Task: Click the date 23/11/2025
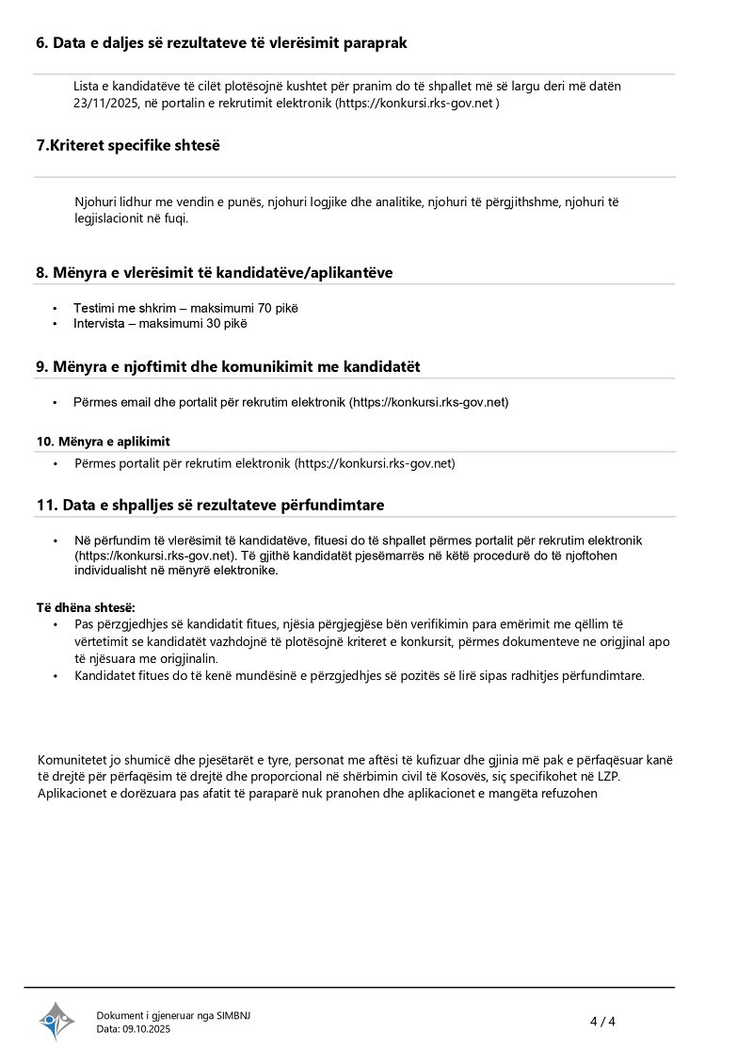point(105,104)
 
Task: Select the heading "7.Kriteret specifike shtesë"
point(128,145)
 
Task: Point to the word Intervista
point(99,323)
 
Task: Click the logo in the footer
point(56,1021)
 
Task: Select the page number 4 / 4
point(602,1022)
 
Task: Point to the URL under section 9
point(428,402)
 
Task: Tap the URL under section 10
point(375,463)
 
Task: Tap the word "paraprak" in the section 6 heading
point(376,42)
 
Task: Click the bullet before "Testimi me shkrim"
point(56,308)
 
